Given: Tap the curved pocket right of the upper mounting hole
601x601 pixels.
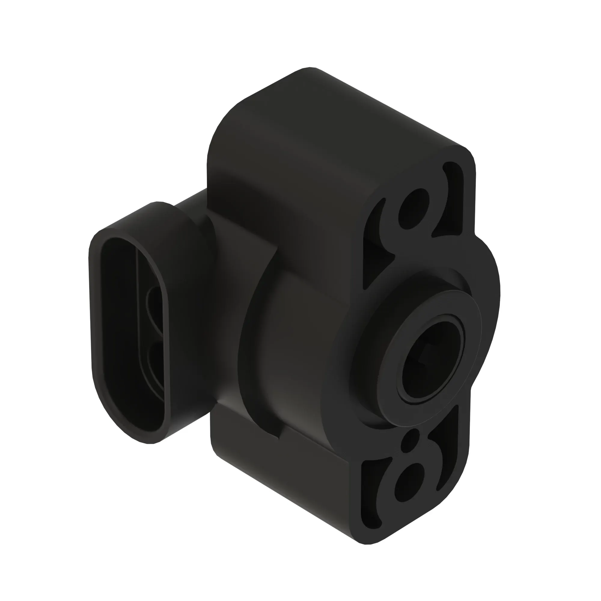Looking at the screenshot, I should [x=451, y=199].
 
